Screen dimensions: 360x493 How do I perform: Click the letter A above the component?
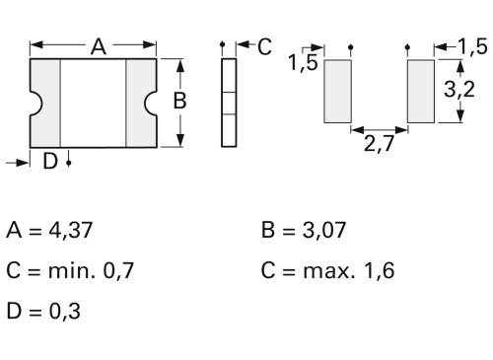pyautogui.click(x=99, y=45)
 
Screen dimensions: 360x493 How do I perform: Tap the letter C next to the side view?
pyautogui.click(x=264, y=45)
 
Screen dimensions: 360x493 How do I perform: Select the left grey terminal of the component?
pyautogui.click(x=47, y=103)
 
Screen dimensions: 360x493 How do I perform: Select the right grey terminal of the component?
pyautogui.click(x=141, y=103)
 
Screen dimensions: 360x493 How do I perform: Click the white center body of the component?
pyautogui.click(x=94, y=103)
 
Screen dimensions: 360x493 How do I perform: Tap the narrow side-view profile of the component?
pyautogui.click(x=230, y=103)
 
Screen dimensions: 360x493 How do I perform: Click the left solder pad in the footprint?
pyautogui.click(x=337, y=91)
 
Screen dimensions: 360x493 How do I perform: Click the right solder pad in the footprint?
pyautogui.click(x=421, y=91)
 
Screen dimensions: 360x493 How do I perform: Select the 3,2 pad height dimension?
pyautogui.click(x=456, y=91)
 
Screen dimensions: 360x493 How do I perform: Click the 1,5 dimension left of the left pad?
pyautogui.click(x=303, y=65)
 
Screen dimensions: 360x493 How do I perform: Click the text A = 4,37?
pyautogui.click(x=54, y=232)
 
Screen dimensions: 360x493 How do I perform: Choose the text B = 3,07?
pyautogui.click(x=305, y=232)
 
